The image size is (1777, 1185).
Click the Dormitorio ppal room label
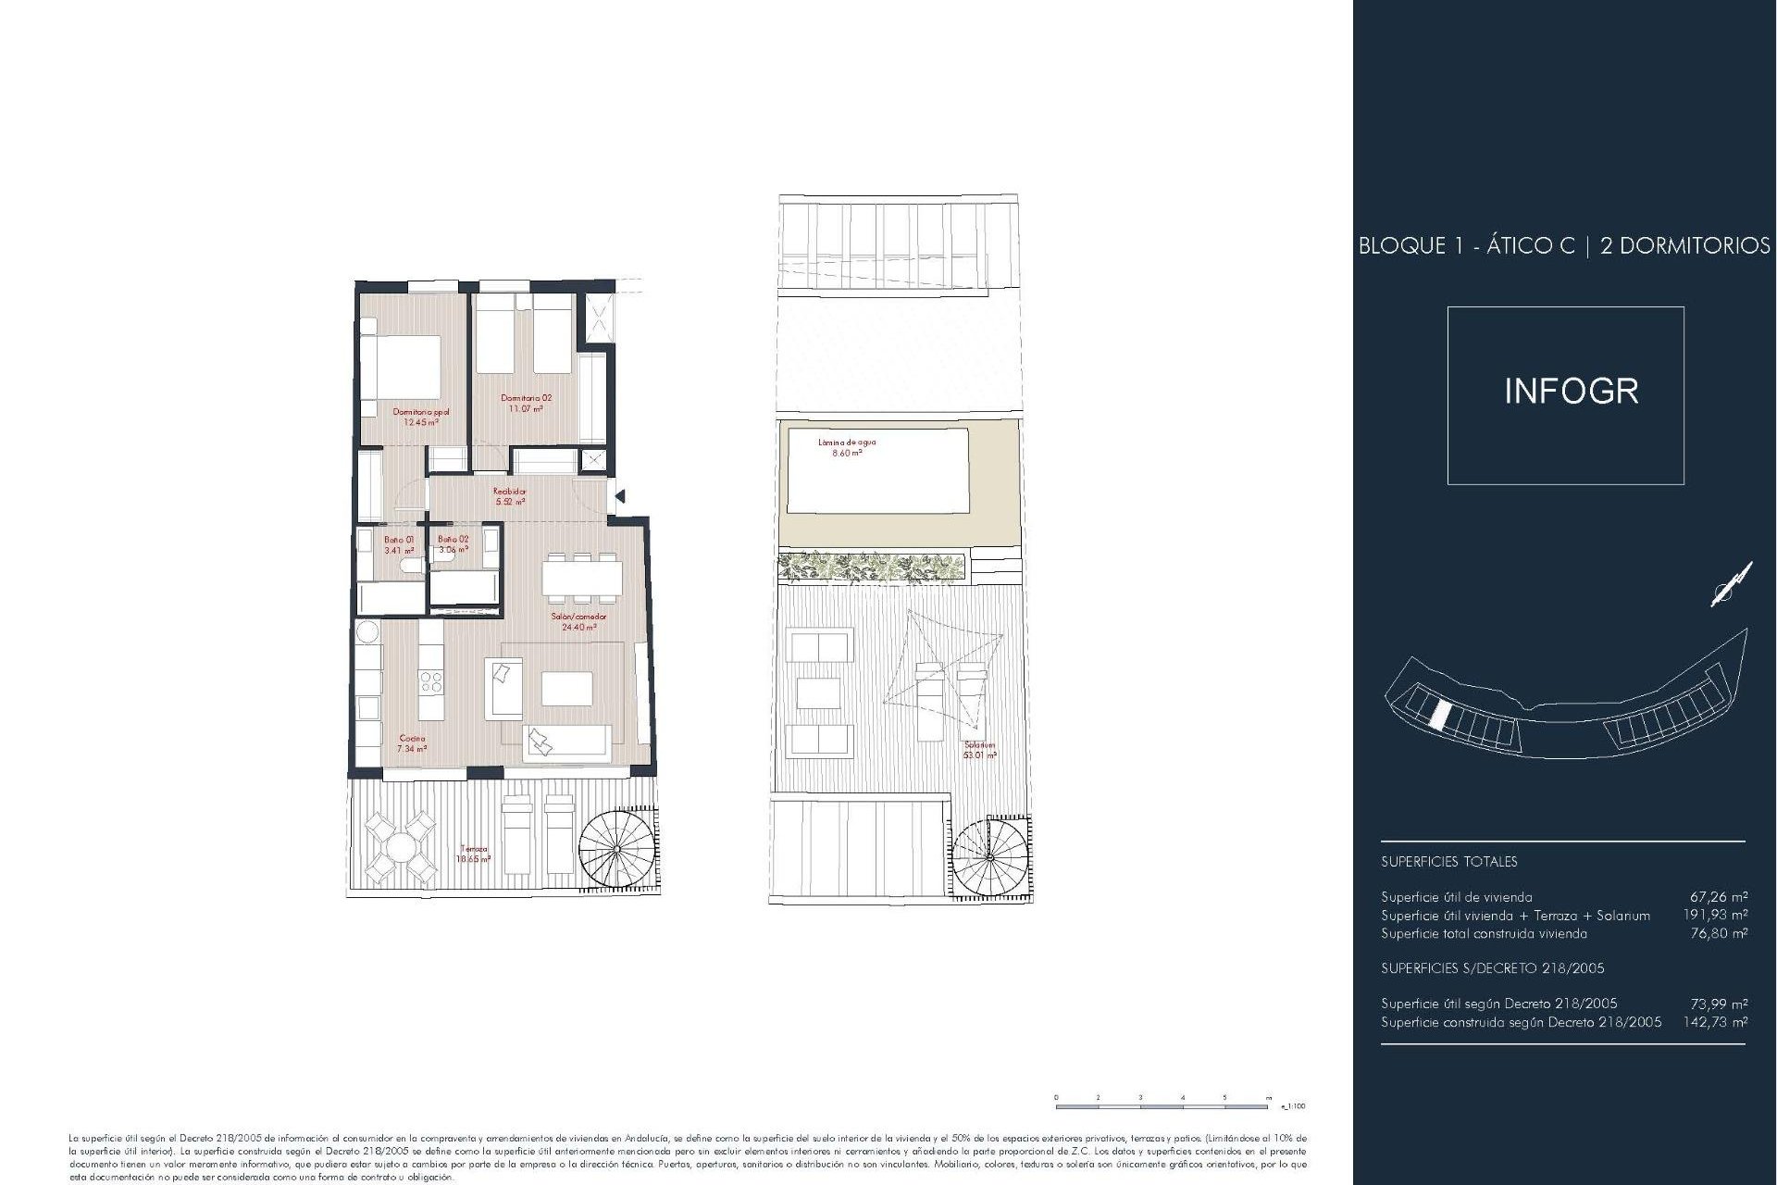point(421,412)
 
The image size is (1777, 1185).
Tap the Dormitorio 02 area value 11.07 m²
point(526,408)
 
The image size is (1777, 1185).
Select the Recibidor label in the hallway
point(510,492)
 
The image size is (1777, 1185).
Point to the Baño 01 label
point(400,539)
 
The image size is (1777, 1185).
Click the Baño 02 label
point(454,539)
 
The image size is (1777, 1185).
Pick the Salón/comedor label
point(579,617)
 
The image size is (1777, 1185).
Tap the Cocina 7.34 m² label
point(412,743)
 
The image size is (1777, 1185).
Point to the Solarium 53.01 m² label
point(979,750)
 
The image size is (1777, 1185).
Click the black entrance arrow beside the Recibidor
point(620,497)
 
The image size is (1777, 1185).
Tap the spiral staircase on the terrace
point(616,848)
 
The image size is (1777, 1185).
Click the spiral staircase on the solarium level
point(989,857)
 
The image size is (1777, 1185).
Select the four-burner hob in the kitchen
point(431,683)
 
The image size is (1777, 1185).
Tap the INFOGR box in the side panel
point(1565,395)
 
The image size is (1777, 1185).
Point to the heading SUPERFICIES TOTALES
point(1448,862)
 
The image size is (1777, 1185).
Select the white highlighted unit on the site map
point(1439,714)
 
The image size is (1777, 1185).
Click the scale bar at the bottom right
point(1162,1105)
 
